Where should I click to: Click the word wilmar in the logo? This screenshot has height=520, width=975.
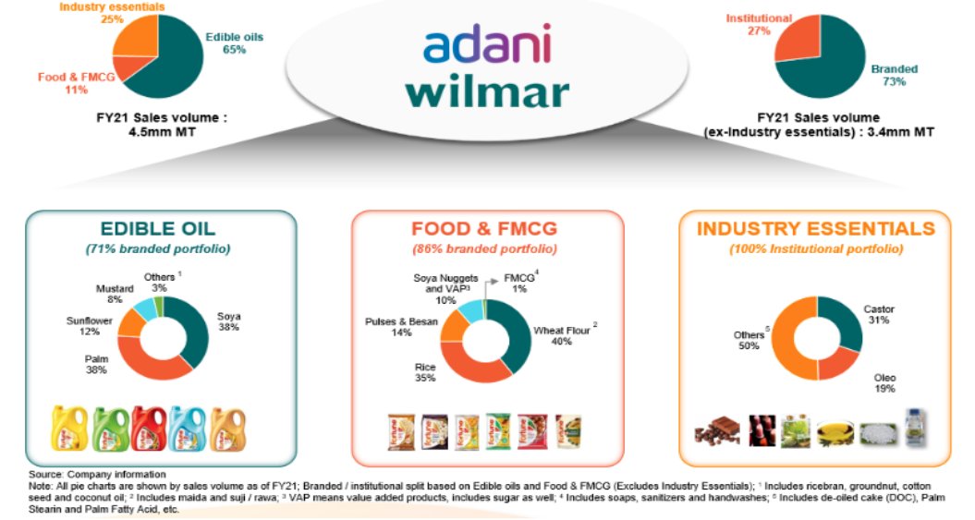click(x=487, y=92)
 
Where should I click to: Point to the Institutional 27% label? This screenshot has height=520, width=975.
click(x=759, y=24)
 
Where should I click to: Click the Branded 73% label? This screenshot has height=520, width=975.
click(x=894, y=75)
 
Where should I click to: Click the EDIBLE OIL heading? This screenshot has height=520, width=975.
click(x=161, y=229)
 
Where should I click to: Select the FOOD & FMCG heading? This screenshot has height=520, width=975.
click(x=487, y=229)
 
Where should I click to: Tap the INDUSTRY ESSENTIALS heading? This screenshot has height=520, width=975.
click(x=815, y=228)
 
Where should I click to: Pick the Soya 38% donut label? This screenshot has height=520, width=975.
click(x=228, y=322)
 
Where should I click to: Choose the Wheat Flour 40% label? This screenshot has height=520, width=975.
click(x=561, y=335)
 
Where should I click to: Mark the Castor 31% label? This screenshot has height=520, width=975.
click(x=878, y=315)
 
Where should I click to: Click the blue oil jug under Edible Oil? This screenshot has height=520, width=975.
click(x=187, y=429)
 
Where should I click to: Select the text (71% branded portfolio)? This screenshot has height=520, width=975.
click(x=160, y=249)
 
